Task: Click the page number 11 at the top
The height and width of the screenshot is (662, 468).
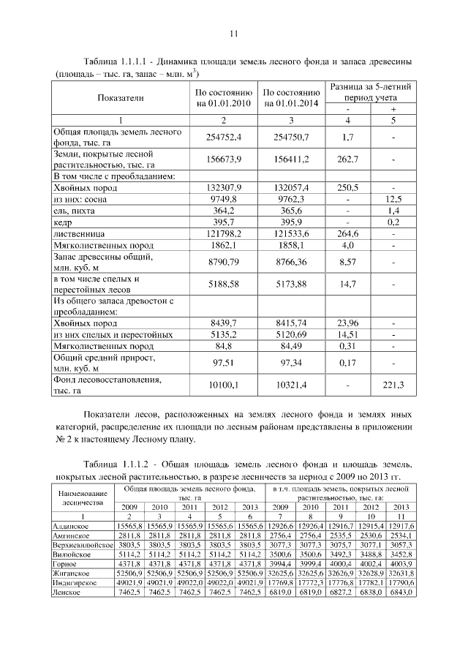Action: [234, 34]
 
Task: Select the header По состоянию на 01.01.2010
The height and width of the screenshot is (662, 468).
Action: [223, 98]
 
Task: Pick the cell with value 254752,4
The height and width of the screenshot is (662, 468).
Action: [223, 137]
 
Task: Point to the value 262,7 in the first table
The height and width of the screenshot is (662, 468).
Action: [348, 159]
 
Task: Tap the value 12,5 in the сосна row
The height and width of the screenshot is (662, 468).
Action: [393, 199]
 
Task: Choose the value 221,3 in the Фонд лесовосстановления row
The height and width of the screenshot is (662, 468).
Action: [393, 384]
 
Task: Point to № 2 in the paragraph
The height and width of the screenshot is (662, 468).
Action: [62, 440]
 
